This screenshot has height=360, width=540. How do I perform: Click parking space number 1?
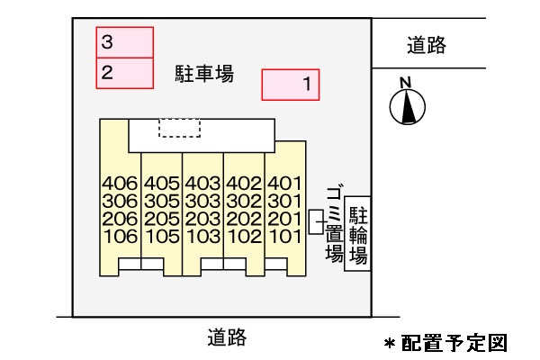pyautogui.click(x=290, y=85)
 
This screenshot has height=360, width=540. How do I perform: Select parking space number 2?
pyautogui.click(x=125, y=73)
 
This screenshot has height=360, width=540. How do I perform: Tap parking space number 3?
pyautogui.click(x=125, y=42)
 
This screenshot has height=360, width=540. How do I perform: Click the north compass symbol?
pyautogui.click(x=407, y=105)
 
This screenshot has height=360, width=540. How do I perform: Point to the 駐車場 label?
pyautogui.click(x=203, y=74)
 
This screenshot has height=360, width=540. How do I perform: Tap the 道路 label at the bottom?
pyautogui.click(x=226, y=338)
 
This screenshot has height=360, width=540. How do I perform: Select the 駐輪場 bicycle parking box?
pyautogui.click(x=357, y=232)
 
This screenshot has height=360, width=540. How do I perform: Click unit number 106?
pyautogui.click(x=120, y=237)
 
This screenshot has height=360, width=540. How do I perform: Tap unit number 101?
pyautogui.click(x=283, y=237)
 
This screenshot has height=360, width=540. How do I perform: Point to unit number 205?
pyautogui.click(x=162, y=220)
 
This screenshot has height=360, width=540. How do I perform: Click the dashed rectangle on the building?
pyautogui.click(x=179, y=128)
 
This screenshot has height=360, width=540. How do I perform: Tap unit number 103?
pyautogui.click(x=203, y=237)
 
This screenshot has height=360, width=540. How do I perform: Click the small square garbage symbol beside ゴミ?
pyautogui.click(x=315, y=221)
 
